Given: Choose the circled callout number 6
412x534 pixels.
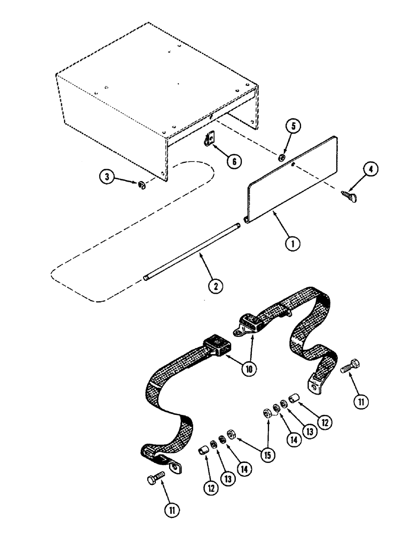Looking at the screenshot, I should [233, 160].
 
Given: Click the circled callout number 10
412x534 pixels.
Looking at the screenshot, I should [248, 368].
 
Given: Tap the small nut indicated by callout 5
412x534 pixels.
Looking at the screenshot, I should [280, 157].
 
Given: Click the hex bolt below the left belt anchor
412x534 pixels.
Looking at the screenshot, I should [154, 480].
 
